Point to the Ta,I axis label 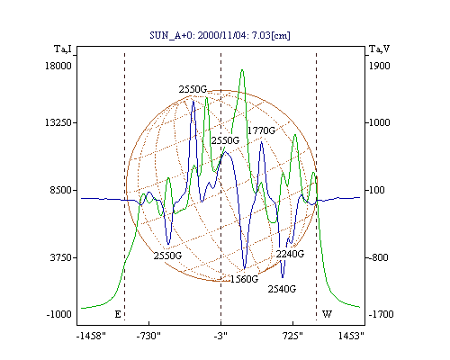click(x=63, y=49)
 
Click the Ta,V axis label click(x=379, y=49)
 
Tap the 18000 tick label click(x=58, y=66)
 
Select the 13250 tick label click(x=58, y=122)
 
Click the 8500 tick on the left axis click(x=61, y=190)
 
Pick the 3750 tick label click(x=61, y=257)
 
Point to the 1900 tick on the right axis click(x=379, y=66)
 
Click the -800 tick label click(x=378, y=257)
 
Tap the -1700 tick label click(x=381, y=314)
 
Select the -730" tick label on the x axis click(x=148, y=336)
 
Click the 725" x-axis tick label click(x=293, y=336)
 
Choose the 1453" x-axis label click(x=351, y=336)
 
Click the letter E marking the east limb click(x=118, y=314)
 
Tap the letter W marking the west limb click(x=327, y=314)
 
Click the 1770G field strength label click(x=261, y=130)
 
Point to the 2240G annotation click(x=290, y=254)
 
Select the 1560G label click(x=244, y=279)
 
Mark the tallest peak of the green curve click(x=242, y=70)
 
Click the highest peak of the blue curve click(x=193, y=102)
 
